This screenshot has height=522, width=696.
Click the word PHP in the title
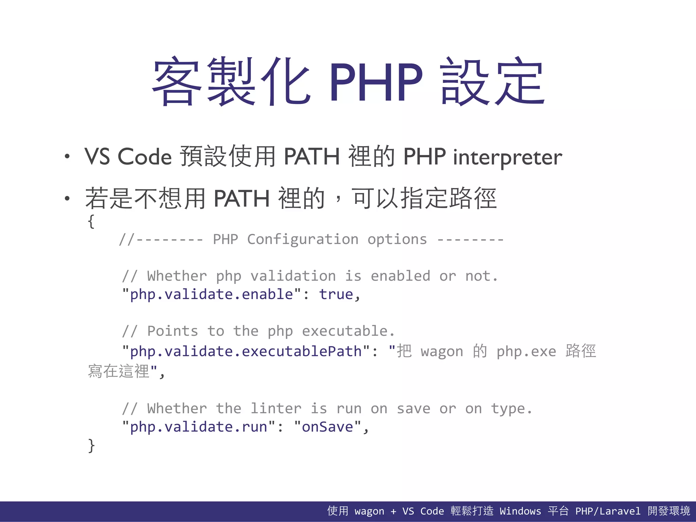(376, 83)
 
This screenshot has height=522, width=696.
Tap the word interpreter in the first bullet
(507, 157)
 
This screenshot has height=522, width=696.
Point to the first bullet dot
(67, 157)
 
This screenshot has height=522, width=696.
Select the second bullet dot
(67, 198)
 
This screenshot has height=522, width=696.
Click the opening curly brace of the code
(91, 222)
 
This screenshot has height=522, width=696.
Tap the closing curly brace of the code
(91, 445)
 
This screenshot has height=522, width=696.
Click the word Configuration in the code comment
(302, 240)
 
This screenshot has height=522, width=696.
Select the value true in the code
(336, 294)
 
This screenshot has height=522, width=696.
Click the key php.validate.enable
(211, 294)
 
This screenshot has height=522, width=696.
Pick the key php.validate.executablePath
(246, 351)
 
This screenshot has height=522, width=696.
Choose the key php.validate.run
(198, 427)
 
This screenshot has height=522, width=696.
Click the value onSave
(327, 427)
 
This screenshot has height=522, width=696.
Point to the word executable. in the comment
(348, 331)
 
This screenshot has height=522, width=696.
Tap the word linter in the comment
(276, 408)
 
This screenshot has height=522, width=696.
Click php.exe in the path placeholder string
(526, 351)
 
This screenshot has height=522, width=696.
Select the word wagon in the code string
(442, 351)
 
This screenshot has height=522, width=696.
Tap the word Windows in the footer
(520, 511)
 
